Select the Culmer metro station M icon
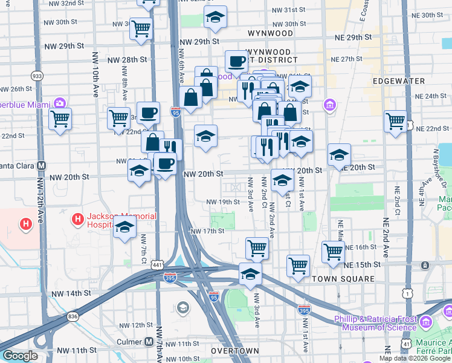[149, 342]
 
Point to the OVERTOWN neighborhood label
[236, 351]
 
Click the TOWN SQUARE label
[343, 279]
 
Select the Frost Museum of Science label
[375, 323]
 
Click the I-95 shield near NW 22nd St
[175, 113]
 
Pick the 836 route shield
[73, 316]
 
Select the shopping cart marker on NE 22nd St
[395, 121]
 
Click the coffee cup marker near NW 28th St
[236, 61]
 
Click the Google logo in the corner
[20, 356]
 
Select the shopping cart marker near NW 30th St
[141, 28]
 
